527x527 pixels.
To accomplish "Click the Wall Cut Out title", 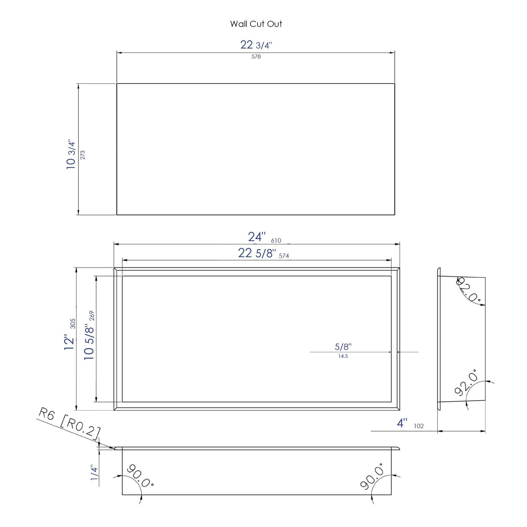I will click(x=256, y=24).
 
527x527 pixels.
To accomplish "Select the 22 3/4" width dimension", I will click(x=256, y=45).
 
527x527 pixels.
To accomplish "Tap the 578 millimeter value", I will click(x=256, y=57).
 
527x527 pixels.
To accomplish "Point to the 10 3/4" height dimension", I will click(x=71, y=155).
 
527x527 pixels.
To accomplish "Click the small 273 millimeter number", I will click(x=82, y=155).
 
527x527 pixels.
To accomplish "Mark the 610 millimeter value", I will click(x=276, y=241).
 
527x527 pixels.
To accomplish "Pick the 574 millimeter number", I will click(x=284, y=256).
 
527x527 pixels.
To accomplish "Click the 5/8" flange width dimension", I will click(x=343, y=347).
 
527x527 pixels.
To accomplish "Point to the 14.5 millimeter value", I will click(x=343, y=356).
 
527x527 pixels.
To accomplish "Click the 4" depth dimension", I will click(x=402, y=423).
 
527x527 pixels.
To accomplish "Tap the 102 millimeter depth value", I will click(x=419, y=426).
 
